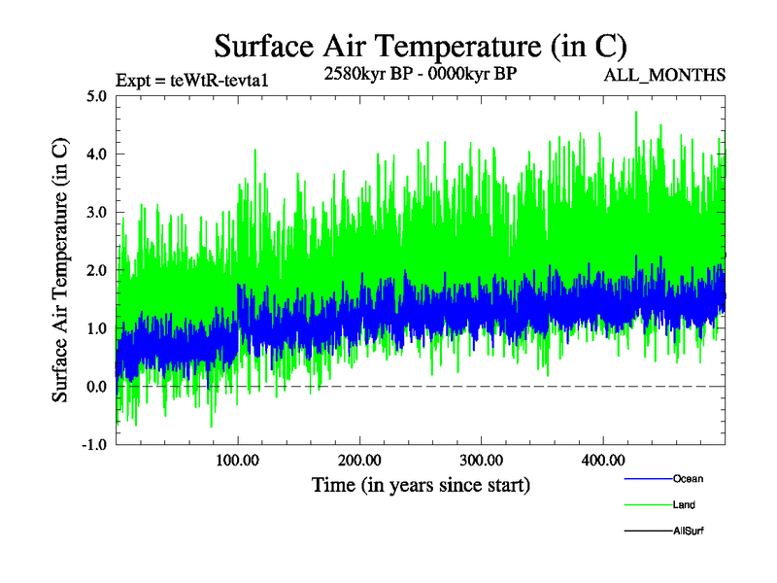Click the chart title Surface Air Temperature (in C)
coord(420,47)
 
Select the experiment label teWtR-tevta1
coord(190,80)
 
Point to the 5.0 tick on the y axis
coord(96,96)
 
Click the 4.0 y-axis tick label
coord(96,154)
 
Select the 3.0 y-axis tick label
coord(96,212)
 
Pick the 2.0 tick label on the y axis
coord(96,270)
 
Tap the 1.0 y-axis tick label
coord(96,328)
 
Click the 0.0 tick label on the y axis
coord(96,387)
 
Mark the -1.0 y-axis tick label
coord(93,445)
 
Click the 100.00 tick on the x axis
coord(238,460)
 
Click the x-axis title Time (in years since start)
coord(421,484)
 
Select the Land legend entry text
coord(684,505)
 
